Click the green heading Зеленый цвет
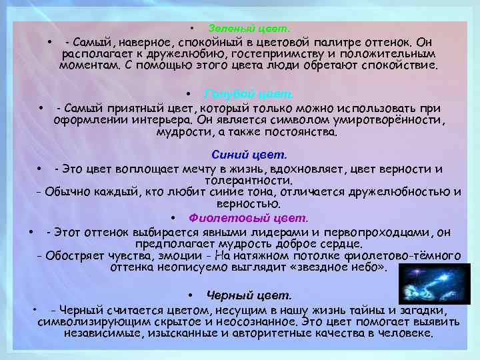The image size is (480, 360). (249, 29)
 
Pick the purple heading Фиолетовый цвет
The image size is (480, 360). (249, 218)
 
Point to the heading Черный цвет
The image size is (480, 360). (249, 295)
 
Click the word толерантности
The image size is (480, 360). (248, 180)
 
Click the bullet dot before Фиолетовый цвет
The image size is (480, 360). (173, 218)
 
